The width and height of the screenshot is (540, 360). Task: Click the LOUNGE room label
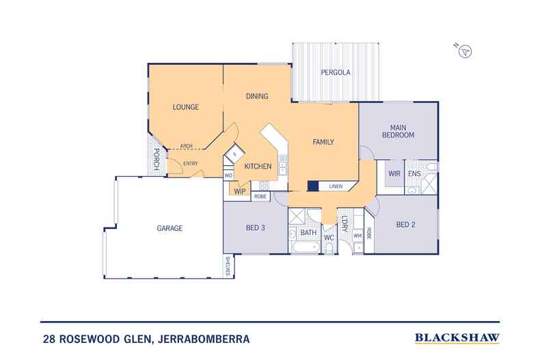[185, 107]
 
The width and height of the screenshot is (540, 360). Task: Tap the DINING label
[256, 96]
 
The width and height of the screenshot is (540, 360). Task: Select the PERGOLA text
[336, 72]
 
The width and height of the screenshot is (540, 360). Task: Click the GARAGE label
[169, 228]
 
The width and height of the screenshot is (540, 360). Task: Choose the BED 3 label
[254, 227]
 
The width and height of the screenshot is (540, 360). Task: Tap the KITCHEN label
[258, 166]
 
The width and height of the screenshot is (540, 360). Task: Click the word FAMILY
[323, 142]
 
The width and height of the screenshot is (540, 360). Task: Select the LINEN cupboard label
[336, 186]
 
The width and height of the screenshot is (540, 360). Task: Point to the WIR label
[394, 174]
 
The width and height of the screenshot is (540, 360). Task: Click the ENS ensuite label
[414, 174]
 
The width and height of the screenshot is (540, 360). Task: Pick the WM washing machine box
[357, 236]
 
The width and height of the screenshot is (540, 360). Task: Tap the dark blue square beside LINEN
[313, 185]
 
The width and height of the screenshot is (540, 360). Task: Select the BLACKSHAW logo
[457, 337]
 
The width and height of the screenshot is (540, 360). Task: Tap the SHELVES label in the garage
[227, 266]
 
